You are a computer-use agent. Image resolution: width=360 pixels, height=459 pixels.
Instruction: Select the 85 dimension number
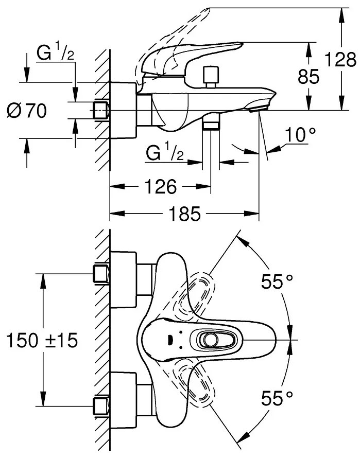(308, 77)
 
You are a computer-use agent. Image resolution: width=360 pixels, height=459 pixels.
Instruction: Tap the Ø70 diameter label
(27, 111)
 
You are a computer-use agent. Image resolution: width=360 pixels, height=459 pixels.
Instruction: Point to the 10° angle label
(300, 135)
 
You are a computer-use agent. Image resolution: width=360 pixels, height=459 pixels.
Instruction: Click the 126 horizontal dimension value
(161, 186)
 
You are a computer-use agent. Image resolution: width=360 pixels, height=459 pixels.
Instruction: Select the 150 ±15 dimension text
(42, 340)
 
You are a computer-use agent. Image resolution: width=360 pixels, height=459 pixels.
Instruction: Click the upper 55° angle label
(277, 281)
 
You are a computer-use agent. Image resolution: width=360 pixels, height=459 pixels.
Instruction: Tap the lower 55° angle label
(277, 398)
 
